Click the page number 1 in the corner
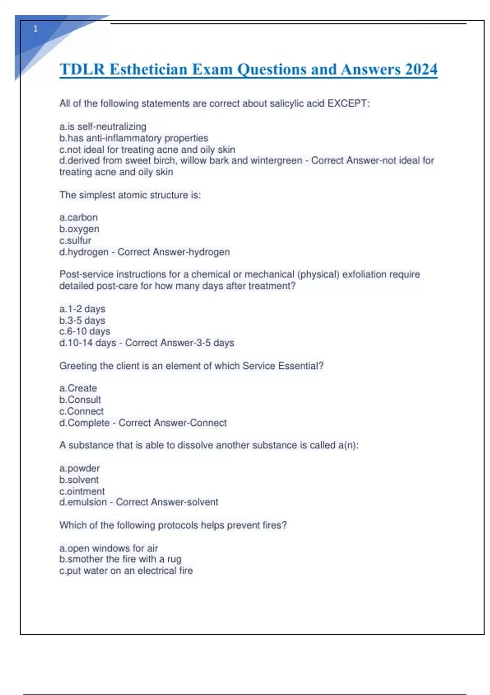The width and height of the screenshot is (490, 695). [x=36, y=29]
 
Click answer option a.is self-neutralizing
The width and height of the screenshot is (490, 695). [x=102, y=126]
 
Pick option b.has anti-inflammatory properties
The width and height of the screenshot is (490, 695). [x=134, y=138]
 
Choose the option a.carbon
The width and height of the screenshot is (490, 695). [x=78, y=217]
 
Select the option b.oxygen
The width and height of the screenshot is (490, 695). [x=79, y=229]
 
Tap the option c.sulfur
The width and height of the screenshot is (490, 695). [x=75, y=240]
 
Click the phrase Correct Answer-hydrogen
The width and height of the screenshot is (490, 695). [x=174, y=252]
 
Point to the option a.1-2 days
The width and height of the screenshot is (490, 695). [x=82, y=309]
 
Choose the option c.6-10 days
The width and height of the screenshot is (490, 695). [x=85, y=331]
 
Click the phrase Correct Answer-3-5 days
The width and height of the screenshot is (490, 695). [x=180, y=343]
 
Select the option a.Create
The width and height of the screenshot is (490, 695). [x=78, y=388]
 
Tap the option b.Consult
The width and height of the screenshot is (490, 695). [x=80, y=399]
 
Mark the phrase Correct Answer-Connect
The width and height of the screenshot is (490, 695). [x=172, y=423]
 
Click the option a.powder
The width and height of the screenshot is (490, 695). [x=79, y=468]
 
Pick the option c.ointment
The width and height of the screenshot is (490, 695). [x=82, y=491]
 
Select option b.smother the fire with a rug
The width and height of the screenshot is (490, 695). [x=120, y=559]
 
